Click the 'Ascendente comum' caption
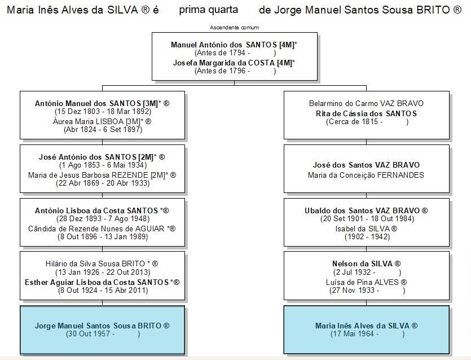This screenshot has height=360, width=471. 234,28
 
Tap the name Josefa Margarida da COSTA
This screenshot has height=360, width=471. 224,63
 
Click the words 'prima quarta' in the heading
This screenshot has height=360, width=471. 209,10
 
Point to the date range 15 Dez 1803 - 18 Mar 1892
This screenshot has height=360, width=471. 103,112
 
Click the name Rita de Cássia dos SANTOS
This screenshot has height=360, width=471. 366,113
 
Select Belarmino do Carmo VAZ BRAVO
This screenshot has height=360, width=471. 366,103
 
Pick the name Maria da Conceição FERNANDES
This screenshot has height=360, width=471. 366,175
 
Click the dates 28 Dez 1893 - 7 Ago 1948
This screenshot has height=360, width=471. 103,218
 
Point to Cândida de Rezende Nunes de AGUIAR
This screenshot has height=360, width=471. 96,229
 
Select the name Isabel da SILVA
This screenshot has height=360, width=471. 363,229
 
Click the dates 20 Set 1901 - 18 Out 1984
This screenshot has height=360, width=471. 367,218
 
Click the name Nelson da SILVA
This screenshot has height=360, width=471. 362,264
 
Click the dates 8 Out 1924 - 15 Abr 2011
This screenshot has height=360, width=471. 103,290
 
